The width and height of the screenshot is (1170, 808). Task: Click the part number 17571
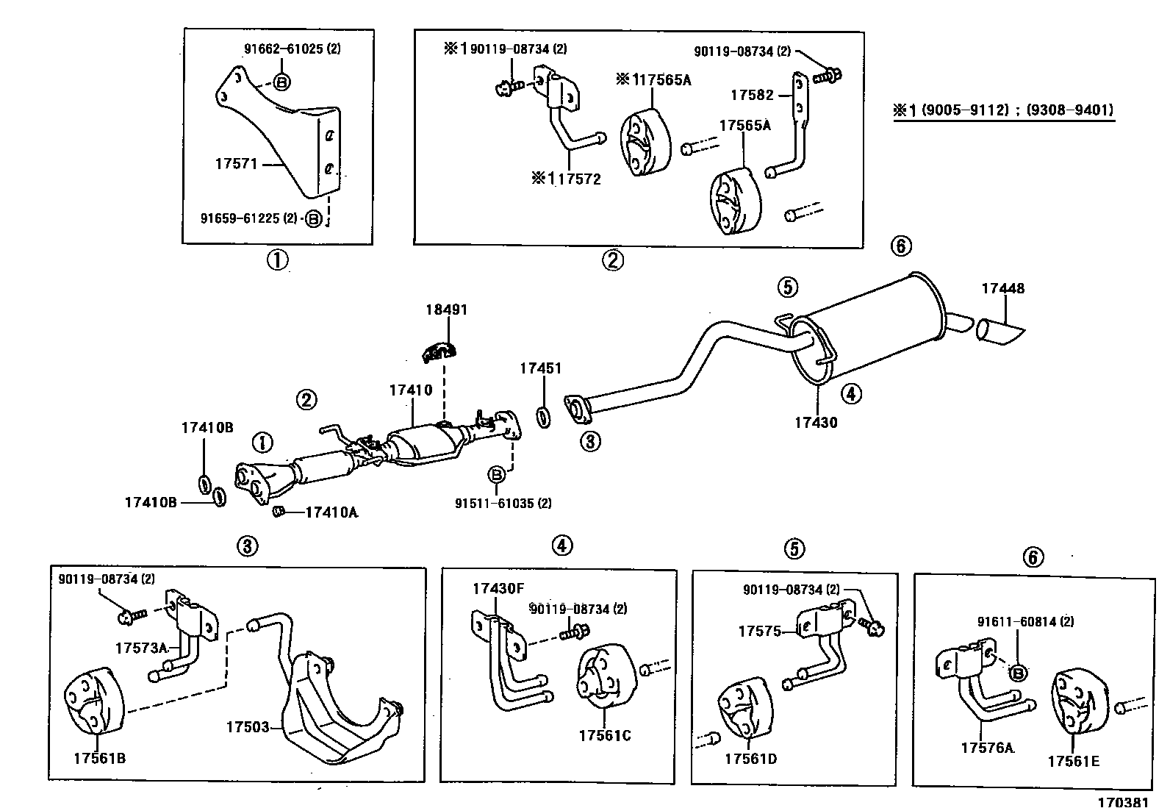point(236,164)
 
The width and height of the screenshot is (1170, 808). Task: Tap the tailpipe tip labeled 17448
point(999,332)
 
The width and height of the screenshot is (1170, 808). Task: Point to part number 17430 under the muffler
point(816,423)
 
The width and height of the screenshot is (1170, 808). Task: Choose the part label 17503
point(248,727)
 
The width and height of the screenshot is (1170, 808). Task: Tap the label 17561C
point(604,735)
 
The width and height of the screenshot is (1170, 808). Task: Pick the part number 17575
point(759,631)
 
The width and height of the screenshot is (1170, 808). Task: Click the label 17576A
point(987,748)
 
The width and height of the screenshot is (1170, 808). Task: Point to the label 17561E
point(1073,761)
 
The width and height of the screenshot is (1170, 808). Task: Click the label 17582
point(752,95)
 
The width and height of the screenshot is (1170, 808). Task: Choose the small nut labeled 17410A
point(279,512)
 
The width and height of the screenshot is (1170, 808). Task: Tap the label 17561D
point(750,758)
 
